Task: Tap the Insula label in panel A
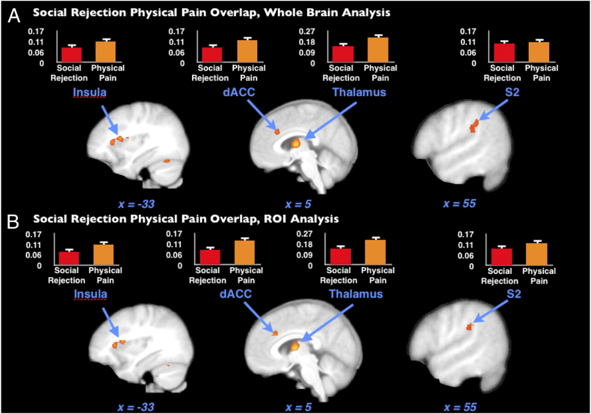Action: coord(90,93)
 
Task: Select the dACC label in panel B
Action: coord(237,295)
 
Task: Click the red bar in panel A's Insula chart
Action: coord(72,55)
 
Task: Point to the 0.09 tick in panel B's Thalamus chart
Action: coord(305,255)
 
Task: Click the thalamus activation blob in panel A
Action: coord(296,143)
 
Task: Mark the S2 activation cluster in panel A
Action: coord(473,127)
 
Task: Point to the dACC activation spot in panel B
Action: coord(275,333)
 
